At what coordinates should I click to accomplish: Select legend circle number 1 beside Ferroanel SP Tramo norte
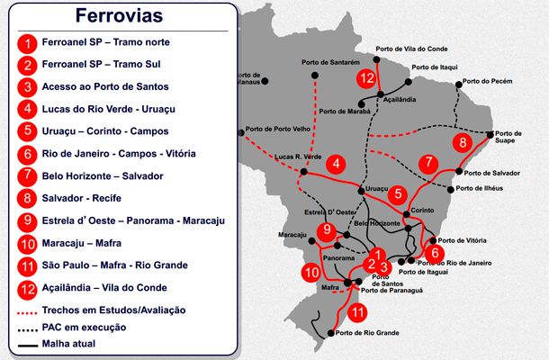(29, 42)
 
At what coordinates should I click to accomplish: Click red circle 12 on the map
(365, 78)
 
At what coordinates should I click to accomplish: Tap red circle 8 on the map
(463, 143)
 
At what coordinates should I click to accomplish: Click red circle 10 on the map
(311, 271)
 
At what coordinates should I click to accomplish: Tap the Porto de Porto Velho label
(276, 129)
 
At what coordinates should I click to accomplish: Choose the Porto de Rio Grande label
(369, 334)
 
